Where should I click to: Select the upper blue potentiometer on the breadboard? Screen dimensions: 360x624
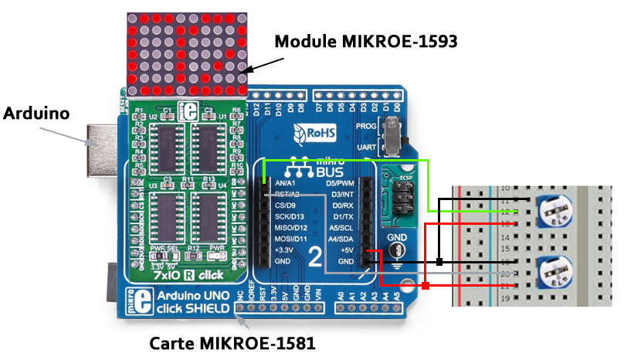pyautogui.click(x=554, y=212)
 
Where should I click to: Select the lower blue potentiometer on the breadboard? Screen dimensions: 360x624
pyautogui.click(x=554, y=271)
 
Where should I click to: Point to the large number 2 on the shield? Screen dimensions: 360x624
pyautogui.click(x=314, y=258)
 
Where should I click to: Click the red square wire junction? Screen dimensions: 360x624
pyautogui.click(x=425, y=287)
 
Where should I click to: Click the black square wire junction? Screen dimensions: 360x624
pyautogui.click(x=439, y=261)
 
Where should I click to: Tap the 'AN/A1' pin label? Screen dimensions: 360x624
pyautogui.click(x=276, y=183)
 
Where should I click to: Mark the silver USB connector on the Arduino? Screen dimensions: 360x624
pyautogui.click(x=100, y=144)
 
